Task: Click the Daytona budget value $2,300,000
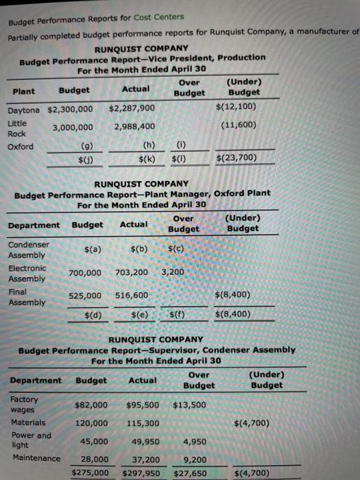click(71, 110)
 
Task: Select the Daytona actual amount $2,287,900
click(132, 108)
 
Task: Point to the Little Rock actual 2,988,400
click(134, 126)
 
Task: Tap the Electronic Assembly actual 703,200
click(132, 272)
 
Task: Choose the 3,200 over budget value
click(173, 272)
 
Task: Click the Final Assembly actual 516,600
click(132, 295)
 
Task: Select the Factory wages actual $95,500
click(143, 405)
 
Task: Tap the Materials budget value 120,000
click(91, 423)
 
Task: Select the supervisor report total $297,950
click(141, 473)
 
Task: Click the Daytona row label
click(24, 110)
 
